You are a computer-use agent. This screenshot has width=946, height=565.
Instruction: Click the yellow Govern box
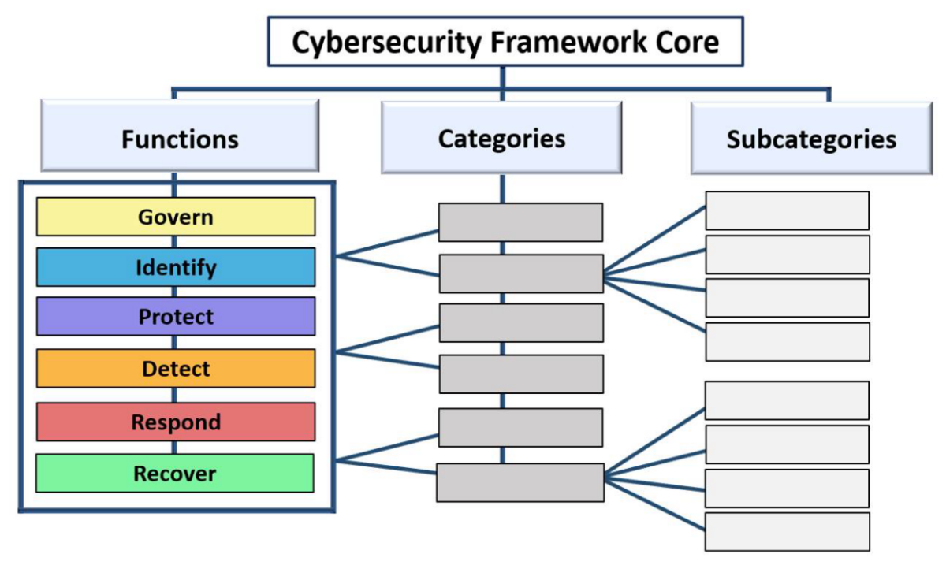coord(176,217)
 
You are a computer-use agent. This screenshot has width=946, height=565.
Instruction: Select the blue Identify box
coord(176,267)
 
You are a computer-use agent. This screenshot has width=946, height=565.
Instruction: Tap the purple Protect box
coord(176,317)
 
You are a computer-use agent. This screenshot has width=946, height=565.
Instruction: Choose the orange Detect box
coord(176,368)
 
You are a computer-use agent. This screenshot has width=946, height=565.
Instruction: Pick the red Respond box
coord(176,422)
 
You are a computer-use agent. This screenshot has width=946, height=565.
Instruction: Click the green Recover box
coord(175,473)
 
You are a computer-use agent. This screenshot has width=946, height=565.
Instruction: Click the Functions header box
coord(180,139)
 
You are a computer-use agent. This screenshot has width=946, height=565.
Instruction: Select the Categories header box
coord(501,138)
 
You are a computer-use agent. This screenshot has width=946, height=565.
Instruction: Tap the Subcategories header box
coord(811,139)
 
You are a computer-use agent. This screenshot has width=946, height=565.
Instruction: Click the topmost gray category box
coord(520,222)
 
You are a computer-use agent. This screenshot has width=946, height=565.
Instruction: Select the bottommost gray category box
coord(520,482)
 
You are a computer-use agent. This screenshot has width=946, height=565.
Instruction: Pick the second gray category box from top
coord(520,273)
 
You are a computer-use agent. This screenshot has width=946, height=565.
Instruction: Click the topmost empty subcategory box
coord(787,210)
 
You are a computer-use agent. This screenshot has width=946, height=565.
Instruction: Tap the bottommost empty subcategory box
coord(787,532)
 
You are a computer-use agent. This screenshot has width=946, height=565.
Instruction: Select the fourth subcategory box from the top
coord(787,341)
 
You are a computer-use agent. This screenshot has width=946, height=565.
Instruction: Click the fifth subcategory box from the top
coord(787,400)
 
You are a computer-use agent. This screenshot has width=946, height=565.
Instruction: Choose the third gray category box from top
coord(520,323)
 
